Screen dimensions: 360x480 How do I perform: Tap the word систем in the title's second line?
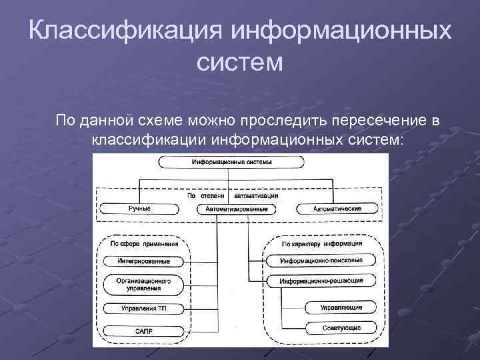point(240,63)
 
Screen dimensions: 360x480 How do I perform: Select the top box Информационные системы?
point(230,162)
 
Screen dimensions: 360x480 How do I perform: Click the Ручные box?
point(139,209)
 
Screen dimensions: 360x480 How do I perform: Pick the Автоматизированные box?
point(237,209)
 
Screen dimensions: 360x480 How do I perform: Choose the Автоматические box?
point(337,209)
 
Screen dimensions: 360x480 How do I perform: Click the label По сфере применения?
point(139,243)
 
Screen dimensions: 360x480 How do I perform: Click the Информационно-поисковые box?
point(321,260)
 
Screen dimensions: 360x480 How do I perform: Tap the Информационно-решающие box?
point(321,281)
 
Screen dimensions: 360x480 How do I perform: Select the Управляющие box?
point(344,307)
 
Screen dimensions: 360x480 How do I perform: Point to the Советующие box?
point(344,329)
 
